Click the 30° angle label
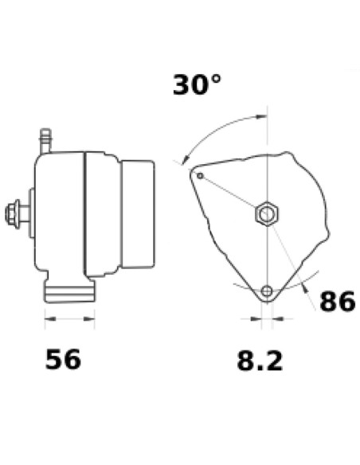(x=197, y=84)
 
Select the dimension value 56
(x=63, y=360)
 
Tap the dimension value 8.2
(x=260, y=361)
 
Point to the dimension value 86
(x=337, y=302)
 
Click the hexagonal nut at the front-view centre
(x=265, y=214)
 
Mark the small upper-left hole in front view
(x=201, y=175)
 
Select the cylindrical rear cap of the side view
(x=137, y=213)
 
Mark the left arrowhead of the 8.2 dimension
(x=256, y=319)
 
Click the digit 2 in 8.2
(x=272, y=361)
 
